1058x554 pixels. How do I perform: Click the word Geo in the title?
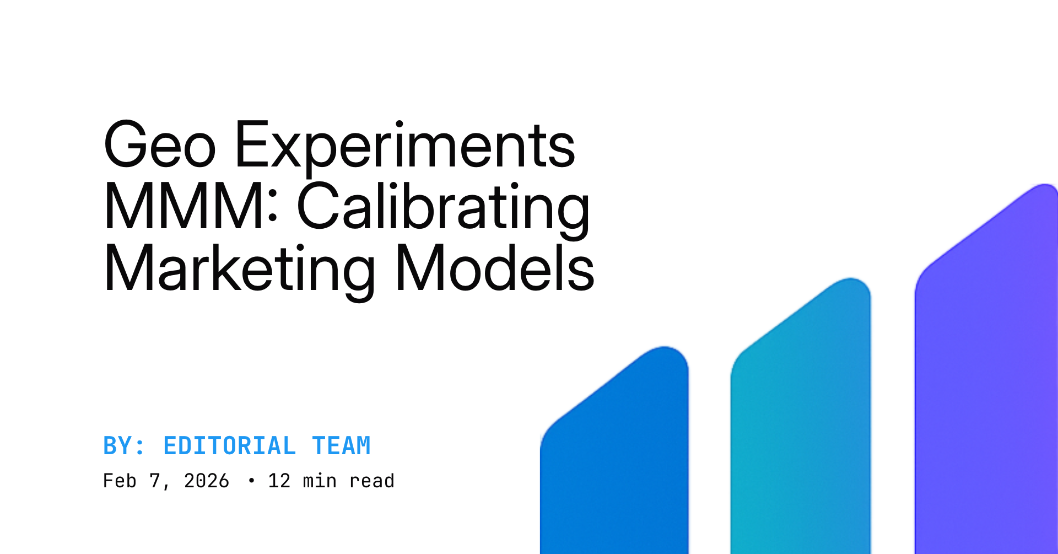160,146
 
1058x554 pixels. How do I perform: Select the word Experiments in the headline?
405,146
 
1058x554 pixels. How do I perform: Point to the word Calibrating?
444,207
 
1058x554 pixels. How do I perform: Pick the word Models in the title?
494,269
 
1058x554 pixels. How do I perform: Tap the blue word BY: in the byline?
124,446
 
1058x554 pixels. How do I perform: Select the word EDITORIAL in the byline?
229,446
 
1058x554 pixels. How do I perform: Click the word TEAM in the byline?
341,446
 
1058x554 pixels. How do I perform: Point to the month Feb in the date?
120,481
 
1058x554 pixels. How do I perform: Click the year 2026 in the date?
206,481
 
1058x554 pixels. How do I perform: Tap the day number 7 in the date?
155,481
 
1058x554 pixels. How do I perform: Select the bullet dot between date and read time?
252,481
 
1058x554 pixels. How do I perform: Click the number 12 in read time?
279,481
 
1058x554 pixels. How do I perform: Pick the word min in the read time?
320,481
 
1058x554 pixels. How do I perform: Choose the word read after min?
372,481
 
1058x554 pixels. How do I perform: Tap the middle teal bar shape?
800,419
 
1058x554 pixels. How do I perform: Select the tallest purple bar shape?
986,375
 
